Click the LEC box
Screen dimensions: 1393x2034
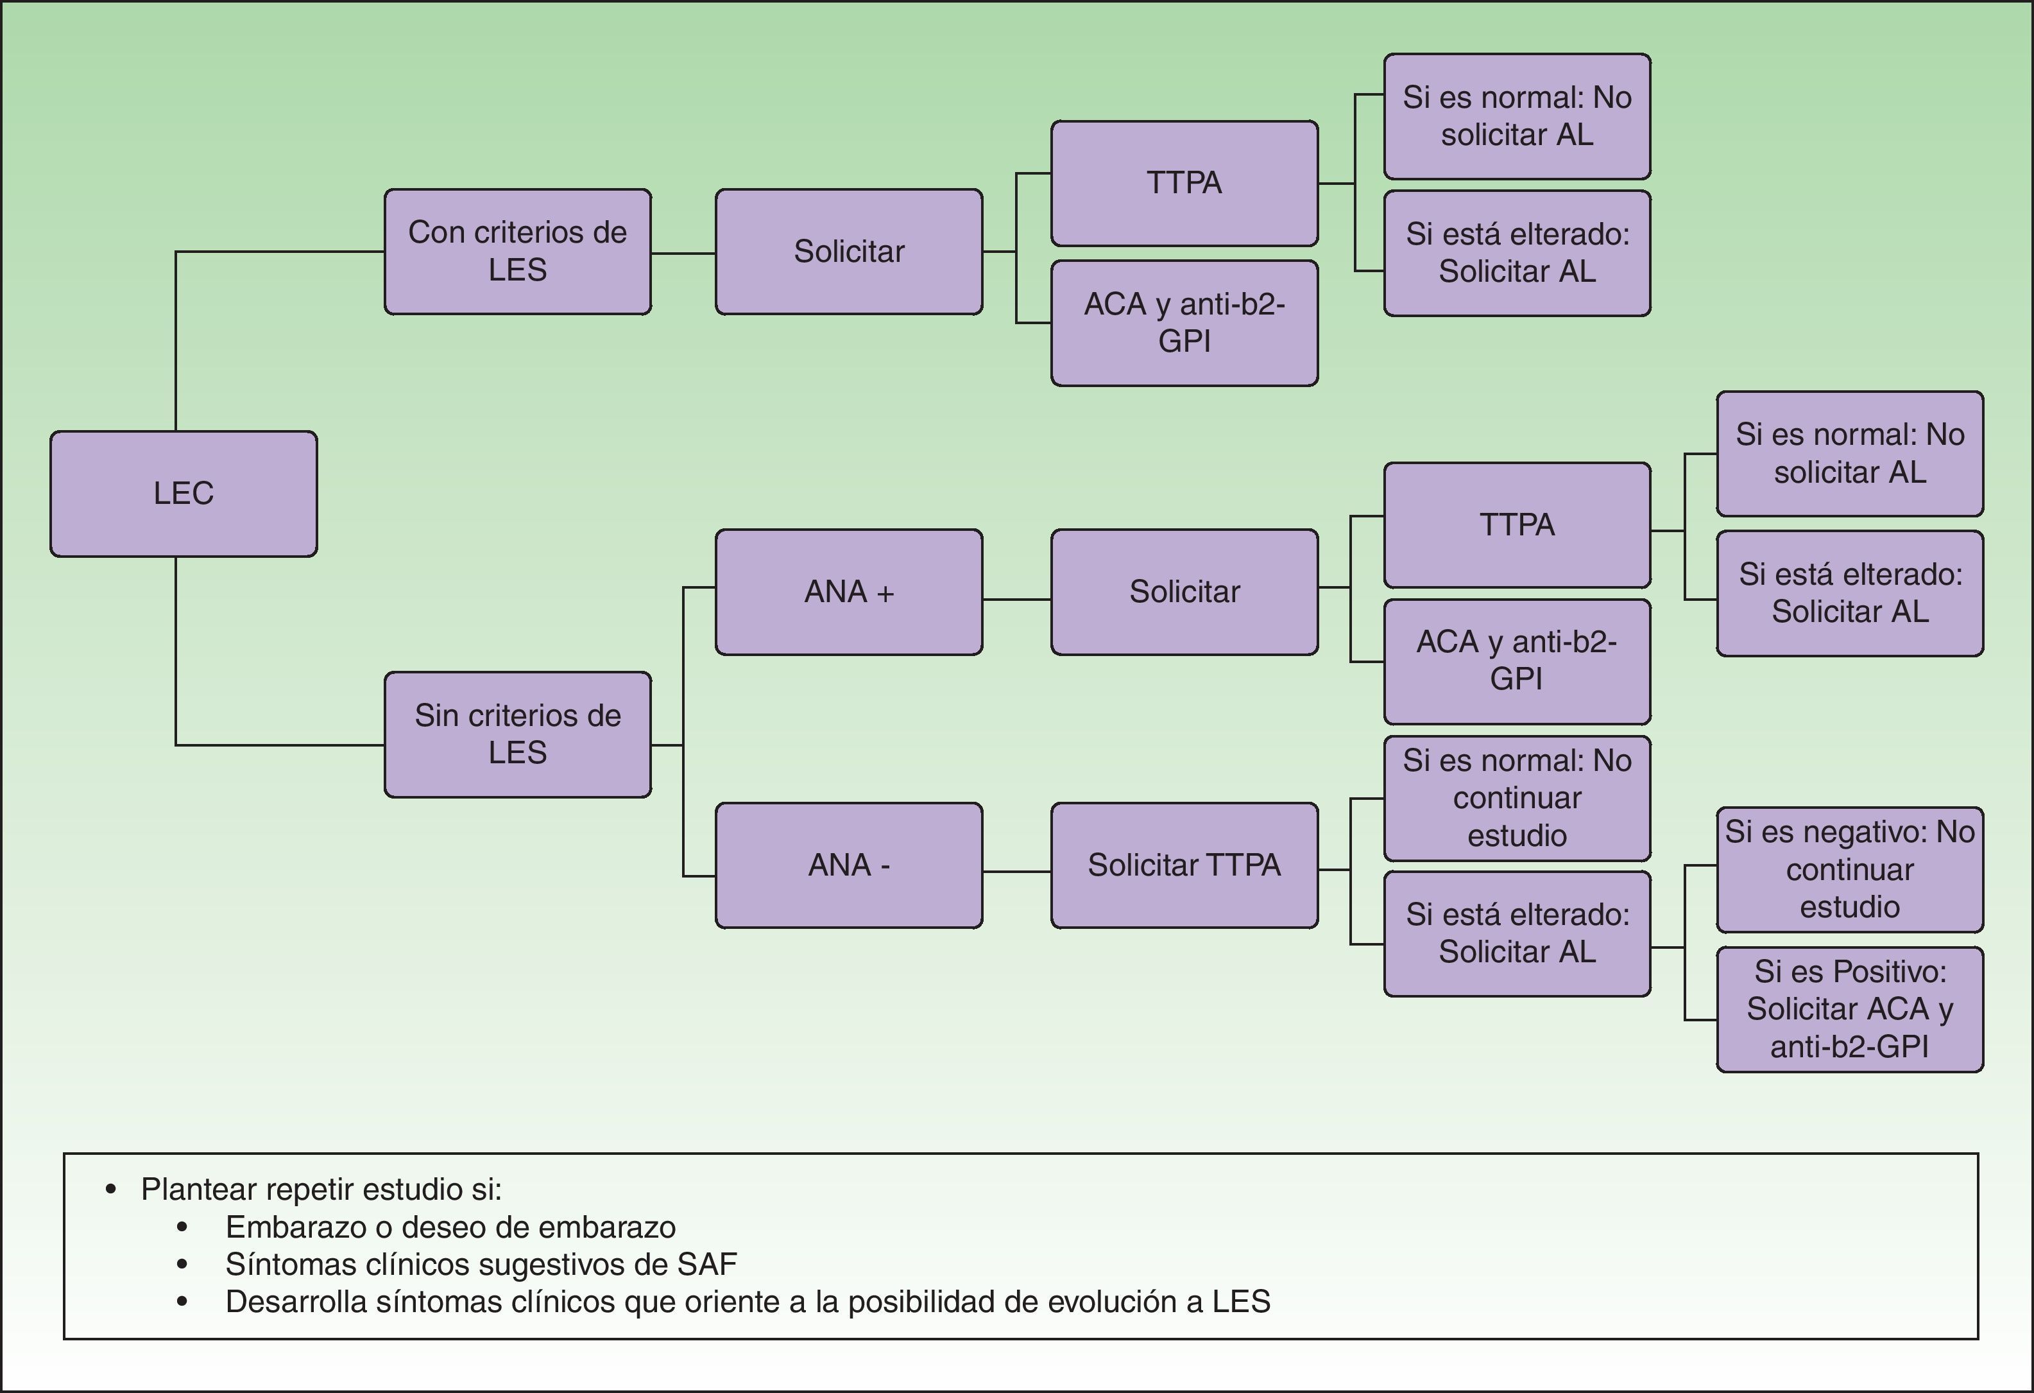pos(184,494)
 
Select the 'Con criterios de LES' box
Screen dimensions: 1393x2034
pos(517,251)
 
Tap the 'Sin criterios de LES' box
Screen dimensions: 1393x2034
pos(517,734)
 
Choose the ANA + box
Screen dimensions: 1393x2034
pos(848,592)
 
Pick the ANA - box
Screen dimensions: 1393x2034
pos(848,865)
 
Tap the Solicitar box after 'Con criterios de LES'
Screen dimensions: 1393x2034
pos(848,251)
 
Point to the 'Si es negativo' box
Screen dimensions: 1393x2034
pos(1849,869)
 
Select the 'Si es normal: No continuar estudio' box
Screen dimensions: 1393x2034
pos(1517,798)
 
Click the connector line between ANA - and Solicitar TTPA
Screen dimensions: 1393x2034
pos(1016,871)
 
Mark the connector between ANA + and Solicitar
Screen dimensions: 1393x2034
pos(1016,600)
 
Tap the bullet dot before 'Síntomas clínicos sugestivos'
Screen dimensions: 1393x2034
pos(182,1265)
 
